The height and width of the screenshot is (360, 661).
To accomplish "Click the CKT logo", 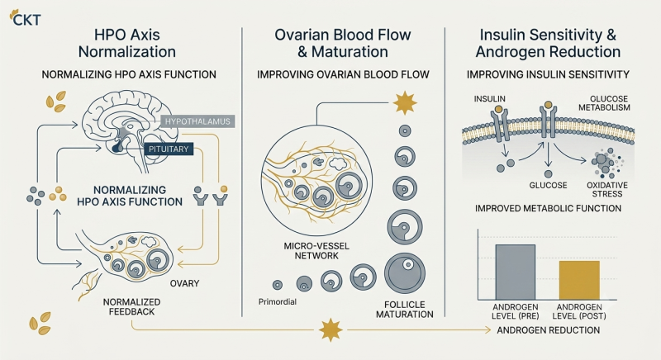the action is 26,18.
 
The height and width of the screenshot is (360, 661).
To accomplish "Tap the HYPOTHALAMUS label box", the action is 197,121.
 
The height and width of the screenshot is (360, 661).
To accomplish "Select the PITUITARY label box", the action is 169,149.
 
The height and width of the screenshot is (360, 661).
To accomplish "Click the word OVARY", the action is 184,283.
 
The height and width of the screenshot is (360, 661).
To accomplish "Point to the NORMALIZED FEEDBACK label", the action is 131,307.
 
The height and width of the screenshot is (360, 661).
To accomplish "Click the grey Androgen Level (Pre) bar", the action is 515,272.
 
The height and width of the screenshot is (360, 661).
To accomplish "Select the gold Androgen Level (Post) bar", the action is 579,281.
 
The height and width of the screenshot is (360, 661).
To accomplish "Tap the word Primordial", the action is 278,302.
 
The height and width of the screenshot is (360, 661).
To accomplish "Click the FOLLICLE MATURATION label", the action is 405,310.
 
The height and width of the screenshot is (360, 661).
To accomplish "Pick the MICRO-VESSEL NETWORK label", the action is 316,251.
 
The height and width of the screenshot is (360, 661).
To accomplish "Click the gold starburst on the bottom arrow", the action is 330,329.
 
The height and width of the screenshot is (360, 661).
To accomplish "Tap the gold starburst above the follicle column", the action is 405,102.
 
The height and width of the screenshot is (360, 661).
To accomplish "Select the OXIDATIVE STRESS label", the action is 607,189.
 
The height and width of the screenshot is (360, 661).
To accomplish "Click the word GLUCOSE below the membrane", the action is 548,185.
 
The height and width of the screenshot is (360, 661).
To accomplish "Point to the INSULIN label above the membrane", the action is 489,99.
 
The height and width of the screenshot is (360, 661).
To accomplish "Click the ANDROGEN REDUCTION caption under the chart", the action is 548,330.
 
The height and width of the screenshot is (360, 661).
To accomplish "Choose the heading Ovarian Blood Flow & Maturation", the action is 343,43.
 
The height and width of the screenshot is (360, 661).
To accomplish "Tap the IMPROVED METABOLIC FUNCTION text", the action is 548,208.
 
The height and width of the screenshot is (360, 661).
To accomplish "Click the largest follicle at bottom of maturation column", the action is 405,272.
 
